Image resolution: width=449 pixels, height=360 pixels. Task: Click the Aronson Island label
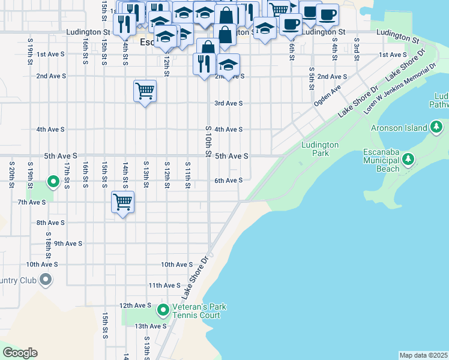399,128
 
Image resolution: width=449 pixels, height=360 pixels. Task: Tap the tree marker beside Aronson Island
437,127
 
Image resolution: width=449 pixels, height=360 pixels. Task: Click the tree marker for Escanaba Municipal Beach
409,159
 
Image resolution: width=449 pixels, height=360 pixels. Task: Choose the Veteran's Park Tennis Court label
199,311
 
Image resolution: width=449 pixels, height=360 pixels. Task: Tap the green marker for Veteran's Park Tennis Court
163,310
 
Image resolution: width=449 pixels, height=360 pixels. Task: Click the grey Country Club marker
46,279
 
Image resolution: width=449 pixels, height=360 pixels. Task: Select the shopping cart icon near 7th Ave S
122,202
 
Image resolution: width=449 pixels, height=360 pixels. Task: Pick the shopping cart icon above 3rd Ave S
145,91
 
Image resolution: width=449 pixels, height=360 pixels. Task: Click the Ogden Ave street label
327,95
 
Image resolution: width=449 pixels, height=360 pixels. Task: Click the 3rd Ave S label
229,103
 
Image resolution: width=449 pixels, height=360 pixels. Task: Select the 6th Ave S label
229,180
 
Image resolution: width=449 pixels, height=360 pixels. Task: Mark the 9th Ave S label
68,244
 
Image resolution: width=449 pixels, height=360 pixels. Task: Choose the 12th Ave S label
135,305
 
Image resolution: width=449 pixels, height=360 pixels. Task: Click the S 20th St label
11,174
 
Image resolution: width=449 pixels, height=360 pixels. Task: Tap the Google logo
20,353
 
